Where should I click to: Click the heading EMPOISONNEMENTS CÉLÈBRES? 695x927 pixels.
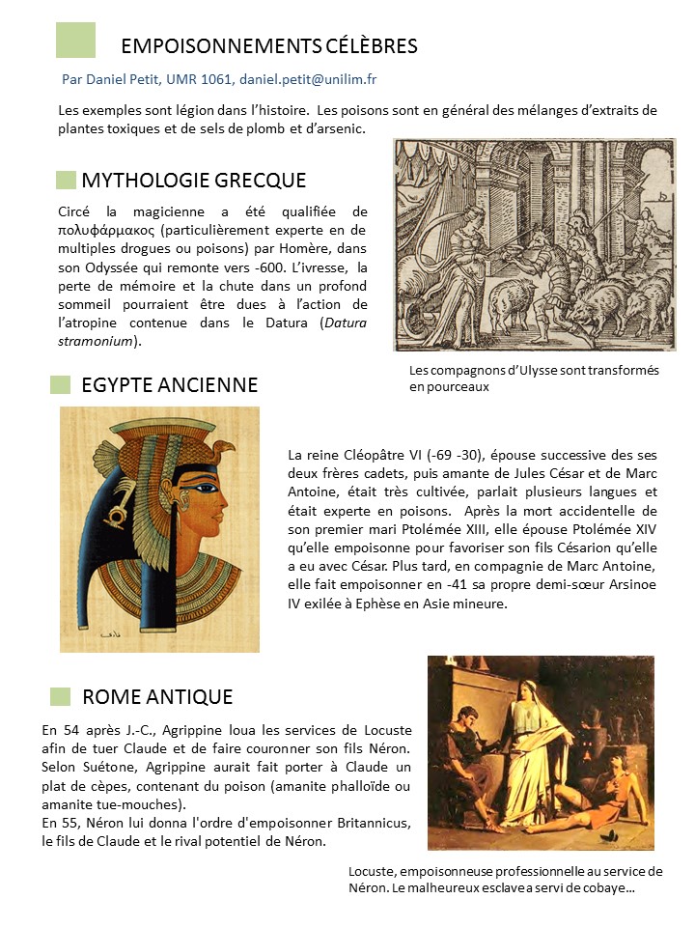[269, 45]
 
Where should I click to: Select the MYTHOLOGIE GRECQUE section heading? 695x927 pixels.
[194, 180]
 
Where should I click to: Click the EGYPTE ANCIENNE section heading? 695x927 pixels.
[170, 385]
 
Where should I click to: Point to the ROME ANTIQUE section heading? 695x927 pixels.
[157, 696]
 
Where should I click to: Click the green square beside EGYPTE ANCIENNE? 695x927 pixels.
[61, 384]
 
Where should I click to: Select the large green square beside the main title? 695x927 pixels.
[75, 40]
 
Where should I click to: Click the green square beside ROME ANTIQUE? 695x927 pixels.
[61, 696]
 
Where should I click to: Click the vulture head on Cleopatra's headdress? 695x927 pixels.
[224, 449]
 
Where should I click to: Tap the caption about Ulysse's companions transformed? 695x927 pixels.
[534, 379]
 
